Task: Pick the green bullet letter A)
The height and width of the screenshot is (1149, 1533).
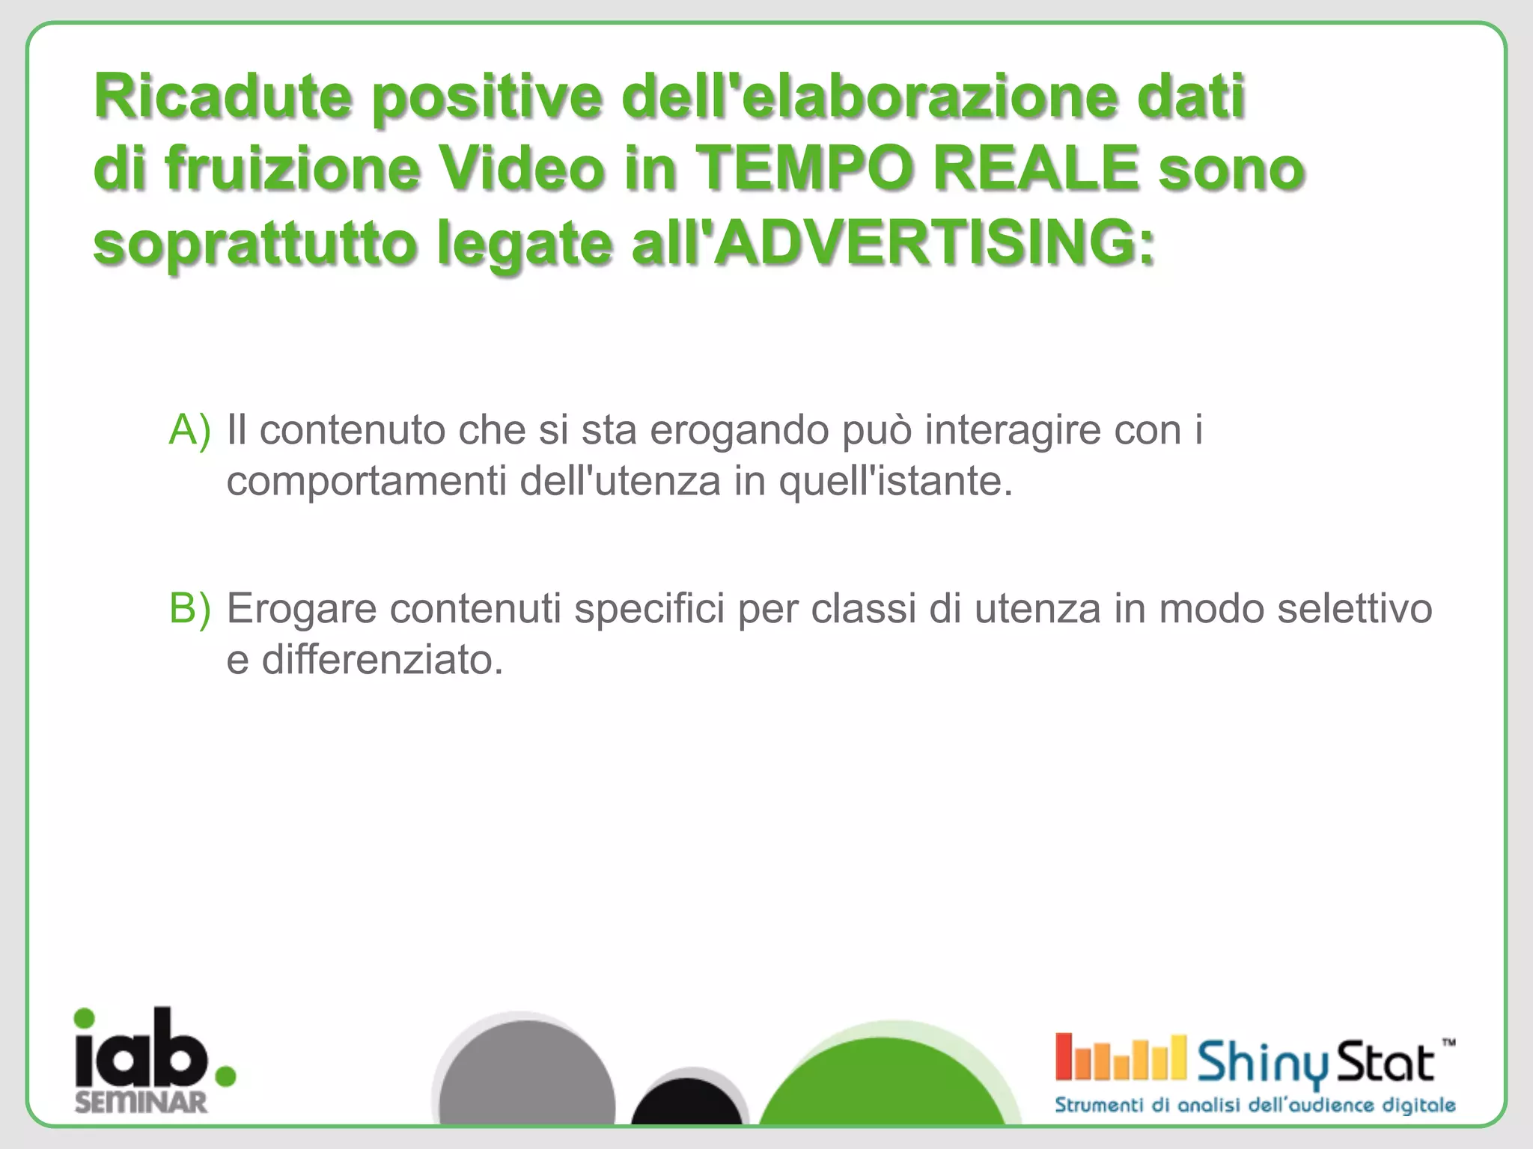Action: [189, 429]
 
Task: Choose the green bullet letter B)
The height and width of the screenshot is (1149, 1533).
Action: [189, 607]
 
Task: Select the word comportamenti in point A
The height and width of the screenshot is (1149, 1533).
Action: [367, 481]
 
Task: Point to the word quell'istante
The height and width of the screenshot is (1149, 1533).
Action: [895, 481]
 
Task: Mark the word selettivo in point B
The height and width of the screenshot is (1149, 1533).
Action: [1354, 608]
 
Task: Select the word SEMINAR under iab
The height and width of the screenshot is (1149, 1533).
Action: [141, 1102]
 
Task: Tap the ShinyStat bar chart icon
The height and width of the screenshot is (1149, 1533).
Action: [1120, 1058]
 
